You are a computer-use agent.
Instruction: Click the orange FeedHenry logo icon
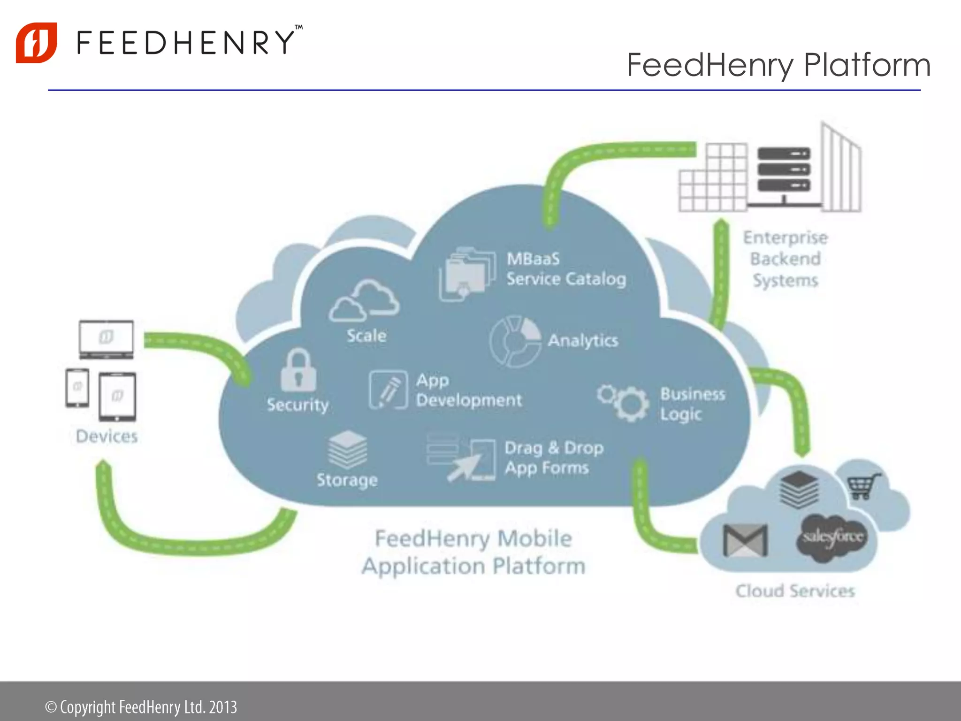click(37, 42)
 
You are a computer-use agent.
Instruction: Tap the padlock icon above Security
click(298, 370)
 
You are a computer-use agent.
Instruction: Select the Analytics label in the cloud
click(583, 340)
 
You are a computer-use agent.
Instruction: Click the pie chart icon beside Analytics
click(515, 341)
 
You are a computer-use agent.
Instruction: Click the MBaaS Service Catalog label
click(566, 269)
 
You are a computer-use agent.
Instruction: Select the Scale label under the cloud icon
click(366, 336)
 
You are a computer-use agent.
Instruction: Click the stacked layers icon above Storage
click(348, 449)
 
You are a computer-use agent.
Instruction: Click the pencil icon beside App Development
click(388, 390)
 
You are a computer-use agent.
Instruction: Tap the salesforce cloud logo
click(832, 538)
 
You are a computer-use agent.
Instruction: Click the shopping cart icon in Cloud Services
click(863, 486)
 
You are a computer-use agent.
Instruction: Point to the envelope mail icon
click(745, 540)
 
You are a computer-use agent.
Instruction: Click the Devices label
click(107, 437)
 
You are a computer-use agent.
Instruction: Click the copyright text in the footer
click(141, 707)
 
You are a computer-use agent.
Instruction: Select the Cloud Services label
click(795, 591)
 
